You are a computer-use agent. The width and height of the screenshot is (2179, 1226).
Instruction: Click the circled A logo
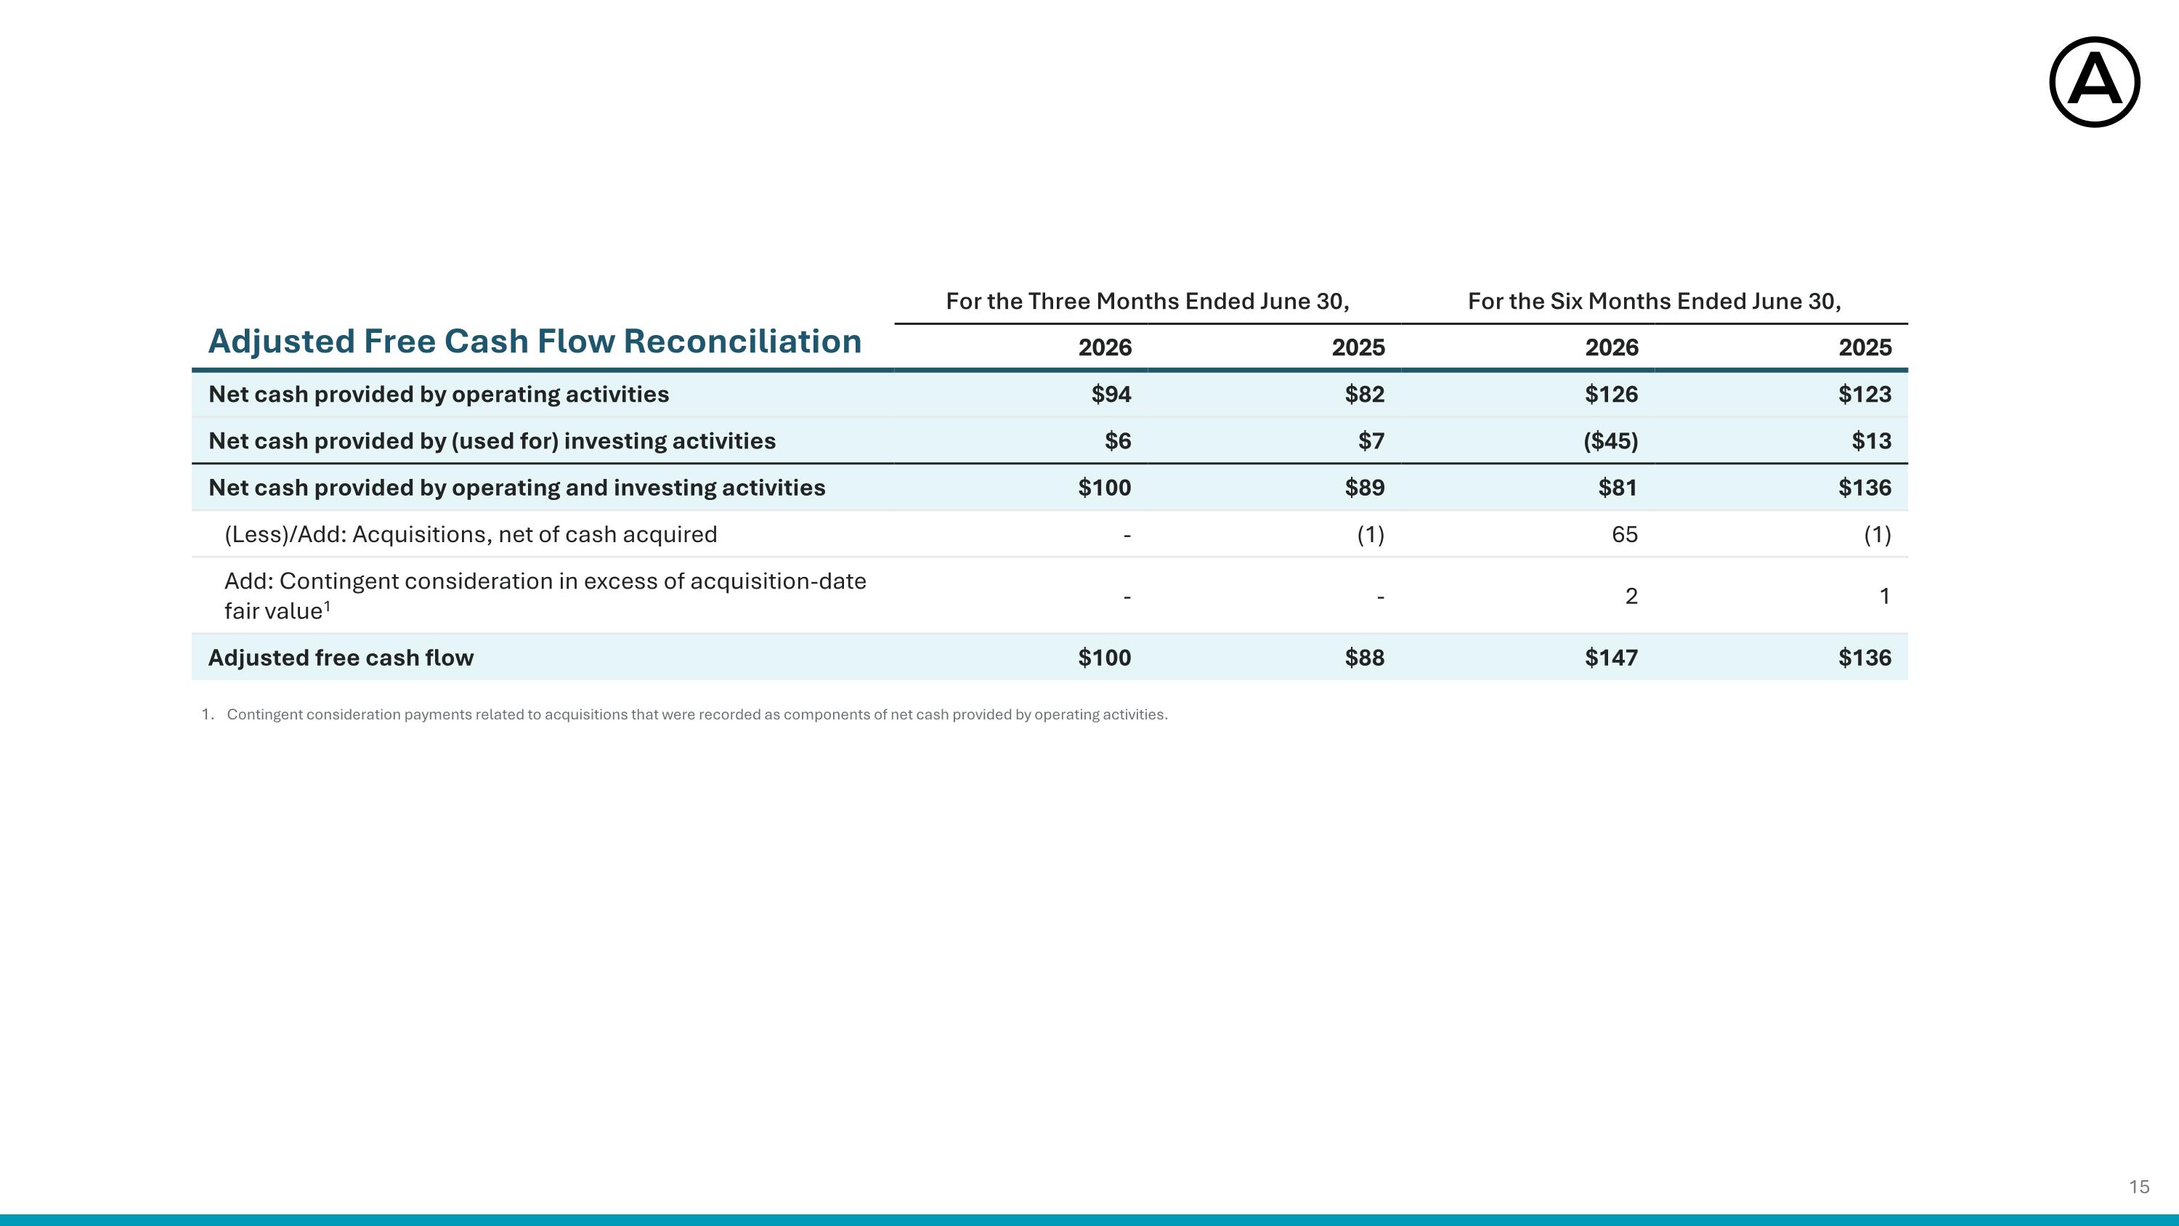point(2095,82)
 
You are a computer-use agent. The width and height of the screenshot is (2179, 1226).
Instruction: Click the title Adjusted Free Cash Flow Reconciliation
point(535,342)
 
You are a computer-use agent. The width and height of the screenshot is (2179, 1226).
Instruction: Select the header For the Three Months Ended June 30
point(1147,301)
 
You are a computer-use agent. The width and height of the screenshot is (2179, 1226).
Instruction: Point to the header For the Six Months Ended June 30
point(1654,301)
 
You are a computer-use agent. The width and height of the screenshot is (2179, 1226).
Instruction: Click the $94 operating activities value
point(1111,395)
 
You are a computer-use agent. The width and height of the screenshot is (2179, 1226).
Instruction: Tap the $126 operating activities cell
point(1612,395)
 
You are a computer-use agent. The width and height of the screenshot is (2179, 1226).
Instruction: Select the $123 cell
point(1864,395)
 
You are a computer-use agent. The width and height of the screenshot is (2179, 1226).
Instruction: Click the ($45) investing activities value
point(1610,441)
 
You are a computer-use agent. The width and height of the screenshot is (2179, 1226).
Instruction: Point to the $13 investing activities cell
point(1871,441)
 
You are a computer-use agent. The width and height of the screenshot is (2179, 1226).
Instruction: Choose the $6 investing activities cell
point(1119,441)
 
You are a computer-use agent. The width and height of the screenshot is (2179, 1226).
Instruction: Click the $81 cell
point(1618,488)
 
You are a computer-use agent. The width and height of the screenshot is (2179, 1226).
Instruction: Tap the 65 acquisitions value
point(1625,534)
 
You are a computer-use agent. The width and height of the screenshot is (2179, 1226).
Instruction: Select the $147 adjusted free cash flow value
point(1612,658)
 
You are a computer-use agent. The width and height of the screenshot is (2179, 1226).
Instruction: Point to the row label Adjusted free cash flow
point(341,658)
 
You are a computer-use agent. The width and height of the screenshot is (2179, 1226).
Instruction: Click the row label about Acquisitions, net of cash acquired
point(471,535)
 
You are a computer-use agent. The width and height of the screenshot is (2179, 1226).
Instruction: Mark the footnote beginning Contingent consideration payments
point(697,714)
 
